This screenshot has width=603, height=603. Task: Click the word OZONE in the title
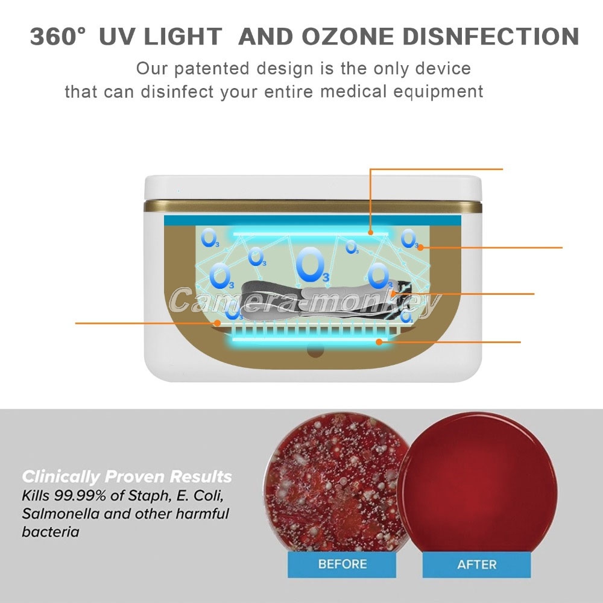click(x=347, y=37)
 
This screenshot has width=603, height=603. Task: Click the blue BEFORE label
click(x=342, y=564)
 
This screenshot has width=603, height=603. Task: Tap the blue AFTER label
click(x=476, y=564)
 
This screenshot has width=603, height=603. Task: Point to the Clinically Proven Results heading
click(x=127, y=476)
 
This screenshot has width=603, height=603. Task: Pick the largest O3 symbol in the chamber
click(x=312, y=265)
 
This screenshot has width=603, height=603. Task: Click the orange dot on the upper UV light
click(x=370, y=232)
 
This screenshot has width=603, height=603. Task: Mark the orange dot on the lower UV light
click(x=379, y=341)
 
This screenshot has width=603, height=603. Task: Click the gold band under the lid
click(x=312, y=206)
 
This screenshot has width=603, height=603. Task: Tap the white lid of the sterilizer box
click(x=312, y=188)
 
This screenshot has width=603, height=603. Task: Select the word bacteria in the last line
click(x=51, y=532)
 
